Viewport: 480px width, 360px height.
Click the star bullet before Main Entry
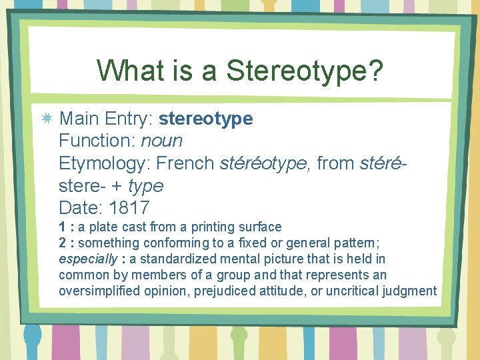[47, 119]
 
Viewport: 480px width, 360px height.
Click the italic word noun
[161, 141]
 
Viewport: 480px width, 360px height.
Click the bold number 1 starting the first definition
[62, 227]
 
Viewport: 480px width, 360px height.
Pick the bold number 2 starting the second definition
[62, 243]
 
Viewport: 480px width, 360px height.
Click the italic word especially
[83, 259]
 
